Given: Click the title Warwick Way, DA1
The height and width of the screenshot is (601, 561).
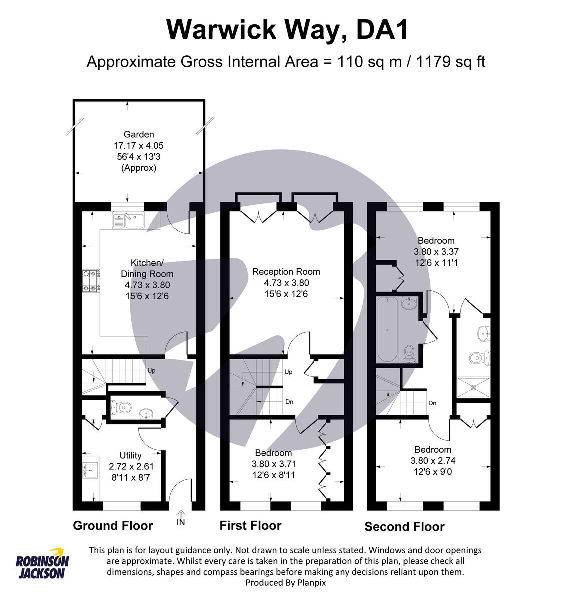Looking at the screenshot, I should click(287, 29).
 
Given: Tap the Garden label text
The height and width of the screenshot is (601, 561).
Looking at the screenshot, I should click(139, 134).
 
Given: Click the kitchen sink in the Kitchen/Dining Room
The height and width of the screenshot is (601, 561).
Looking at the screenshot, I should click(128, 220).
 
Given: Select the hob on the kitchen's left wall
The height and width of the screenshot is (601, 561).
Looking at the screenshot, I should click(91, 281).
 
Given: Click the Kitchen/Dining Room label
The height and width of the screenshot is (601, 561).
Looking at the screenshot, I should click(147, 268).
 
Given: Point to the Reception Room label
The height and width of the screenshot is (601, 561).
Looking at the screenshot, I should click(286, 272).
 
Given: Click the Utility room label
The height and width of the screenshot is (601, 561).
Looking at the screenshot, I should click(130, 455).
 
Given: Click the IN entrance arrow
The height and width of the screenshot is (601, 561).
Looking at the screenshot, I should click(181, 518).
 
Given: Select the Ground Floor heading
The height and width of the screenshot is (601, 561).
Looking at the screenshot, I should click(113, 526).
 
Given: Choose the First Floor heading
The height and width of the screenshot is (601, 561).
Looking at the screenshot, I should click(250, 525).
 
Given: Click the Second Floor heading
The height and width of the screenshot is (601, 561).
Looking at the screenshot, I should click(404, 527).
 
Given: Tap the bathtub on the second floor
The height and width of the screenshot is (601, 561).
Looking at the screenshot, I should click(387, 329).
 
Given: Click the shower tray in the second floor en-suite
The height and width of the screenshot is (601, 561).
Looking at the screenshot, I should click(473, 388).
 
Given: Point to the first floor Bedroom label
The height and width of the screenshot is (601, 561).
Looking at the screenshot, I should click(273, 453).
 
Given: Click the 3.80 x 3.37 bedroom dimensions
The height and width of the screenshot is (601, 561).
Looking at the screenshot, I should click(436, 252).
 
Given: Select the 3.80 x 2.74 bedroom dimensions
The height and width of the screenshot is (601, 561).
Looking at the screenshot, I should click(433, 461).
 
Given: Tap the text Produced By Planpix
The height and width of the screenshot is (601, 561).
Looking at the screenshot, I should click(285, 582).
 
